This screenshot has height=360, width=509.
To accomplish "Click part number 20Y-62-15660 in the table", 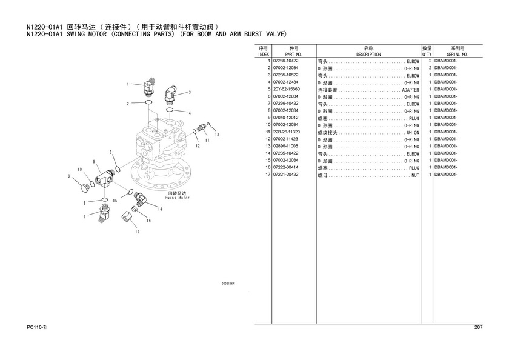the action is coord(287,89).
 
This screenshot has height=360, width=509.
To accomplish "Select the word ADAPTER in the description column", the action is coord(411,90).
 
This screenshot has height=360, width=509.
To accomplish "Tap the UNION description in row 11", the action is coord(413,133).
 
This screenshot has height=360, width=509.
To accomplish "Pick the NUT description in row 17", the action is coord(415,175).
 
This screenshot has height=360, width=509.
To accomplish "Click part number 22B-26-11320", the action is coord(287,132).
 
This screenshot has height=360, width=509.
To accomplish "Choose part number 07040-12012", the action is coord(285,118).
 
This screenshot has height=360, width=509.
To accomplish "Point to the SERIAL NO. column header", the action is coord(457,55).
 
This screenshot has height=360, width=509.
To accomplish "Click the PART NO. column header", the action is coord(293,55).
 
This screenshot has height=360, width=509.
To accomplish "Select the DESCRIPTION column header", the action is coord(368,55).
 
